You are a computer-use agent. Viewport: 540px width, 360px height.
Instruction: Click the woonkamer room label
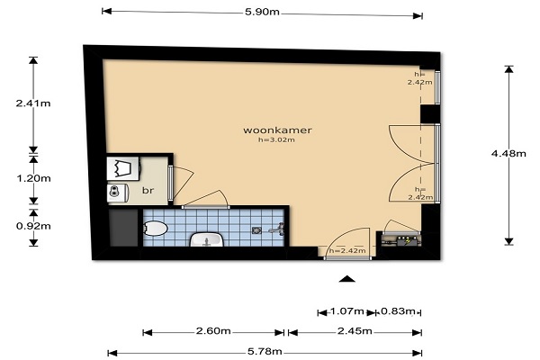(277, 130)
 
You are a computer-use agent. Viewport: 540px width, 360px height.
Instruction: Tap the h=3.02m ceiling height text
(276, 139)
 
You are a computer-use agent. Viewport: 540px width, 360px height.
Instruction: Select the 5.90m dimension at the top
(262, 12)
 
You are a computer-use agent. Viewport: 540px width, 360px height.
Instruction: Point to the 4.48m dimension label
(508, 154)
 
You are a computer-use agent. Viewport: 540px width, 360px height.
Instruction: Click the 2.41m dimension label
(33, 103)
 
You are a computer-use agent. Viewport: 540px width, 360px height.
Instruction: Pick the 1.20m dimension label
(34, 178)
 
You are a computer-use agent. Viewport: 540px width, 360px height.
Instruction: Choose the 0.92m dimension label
(33, 226)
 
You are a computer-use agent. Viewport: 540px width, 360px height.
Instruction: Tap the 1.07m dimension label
(347, 311)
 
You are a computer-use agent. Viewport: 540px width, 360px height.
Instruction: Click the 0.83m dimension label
(398, 311)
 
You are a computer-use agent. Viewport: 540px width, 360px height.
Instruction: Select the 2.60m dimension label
(213, 331)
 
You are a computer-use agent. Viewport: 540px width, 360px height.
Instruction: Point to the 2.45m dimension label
(355, 331)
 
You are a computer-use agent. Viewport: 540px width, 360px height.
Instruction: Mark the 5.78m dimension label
(265, 352)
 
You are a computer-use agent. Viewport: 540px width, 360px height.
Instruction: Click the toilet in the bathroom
(155, 229)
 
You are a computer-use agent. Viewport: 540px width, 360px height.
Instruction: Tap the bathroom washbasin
(207, 239)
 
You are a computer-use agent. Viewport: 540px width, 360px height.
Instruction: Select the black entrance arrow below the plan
(346, 279)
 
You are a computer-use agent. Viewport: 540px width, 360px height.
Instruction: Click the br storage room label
(148, 190)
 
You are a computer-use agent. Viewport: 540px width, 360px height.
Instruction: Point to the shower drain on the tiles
(256, 230)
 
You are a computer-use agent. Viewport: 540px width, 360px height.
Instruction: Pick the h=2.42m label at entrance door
(347, 251)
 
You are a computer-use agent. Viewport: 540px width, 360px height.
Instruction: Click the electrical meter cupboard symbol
(401, 240)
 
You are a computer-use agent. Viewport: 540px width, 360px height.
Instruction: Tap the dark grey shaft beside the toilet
(124, 228)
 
